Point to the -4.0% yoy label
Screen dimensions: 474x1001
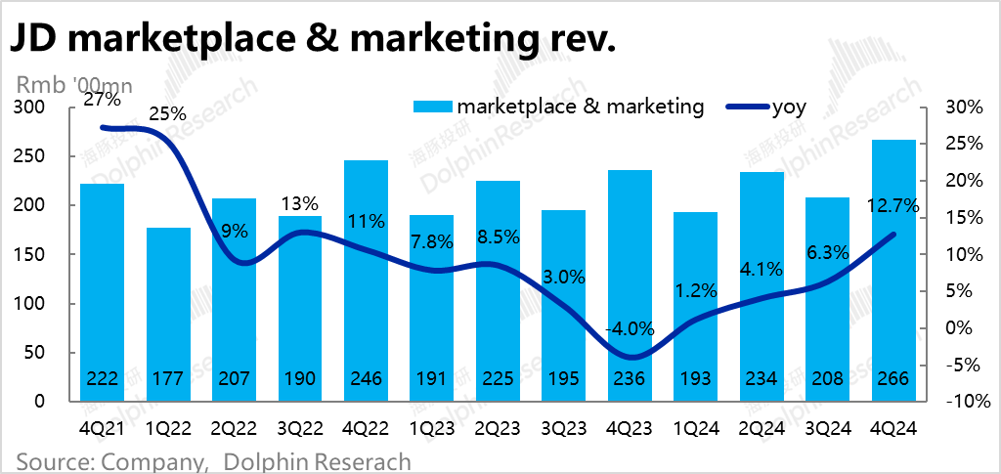coord(631,328)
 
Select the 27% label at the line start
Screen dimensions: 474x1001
coord(102,99)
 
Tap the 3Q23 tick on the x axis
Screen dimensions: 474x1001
coord(564,427)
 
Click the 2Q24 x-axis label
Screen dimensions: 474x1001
coord(762,427)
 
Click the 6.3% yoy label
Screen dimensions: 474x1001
coord(829,253)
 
